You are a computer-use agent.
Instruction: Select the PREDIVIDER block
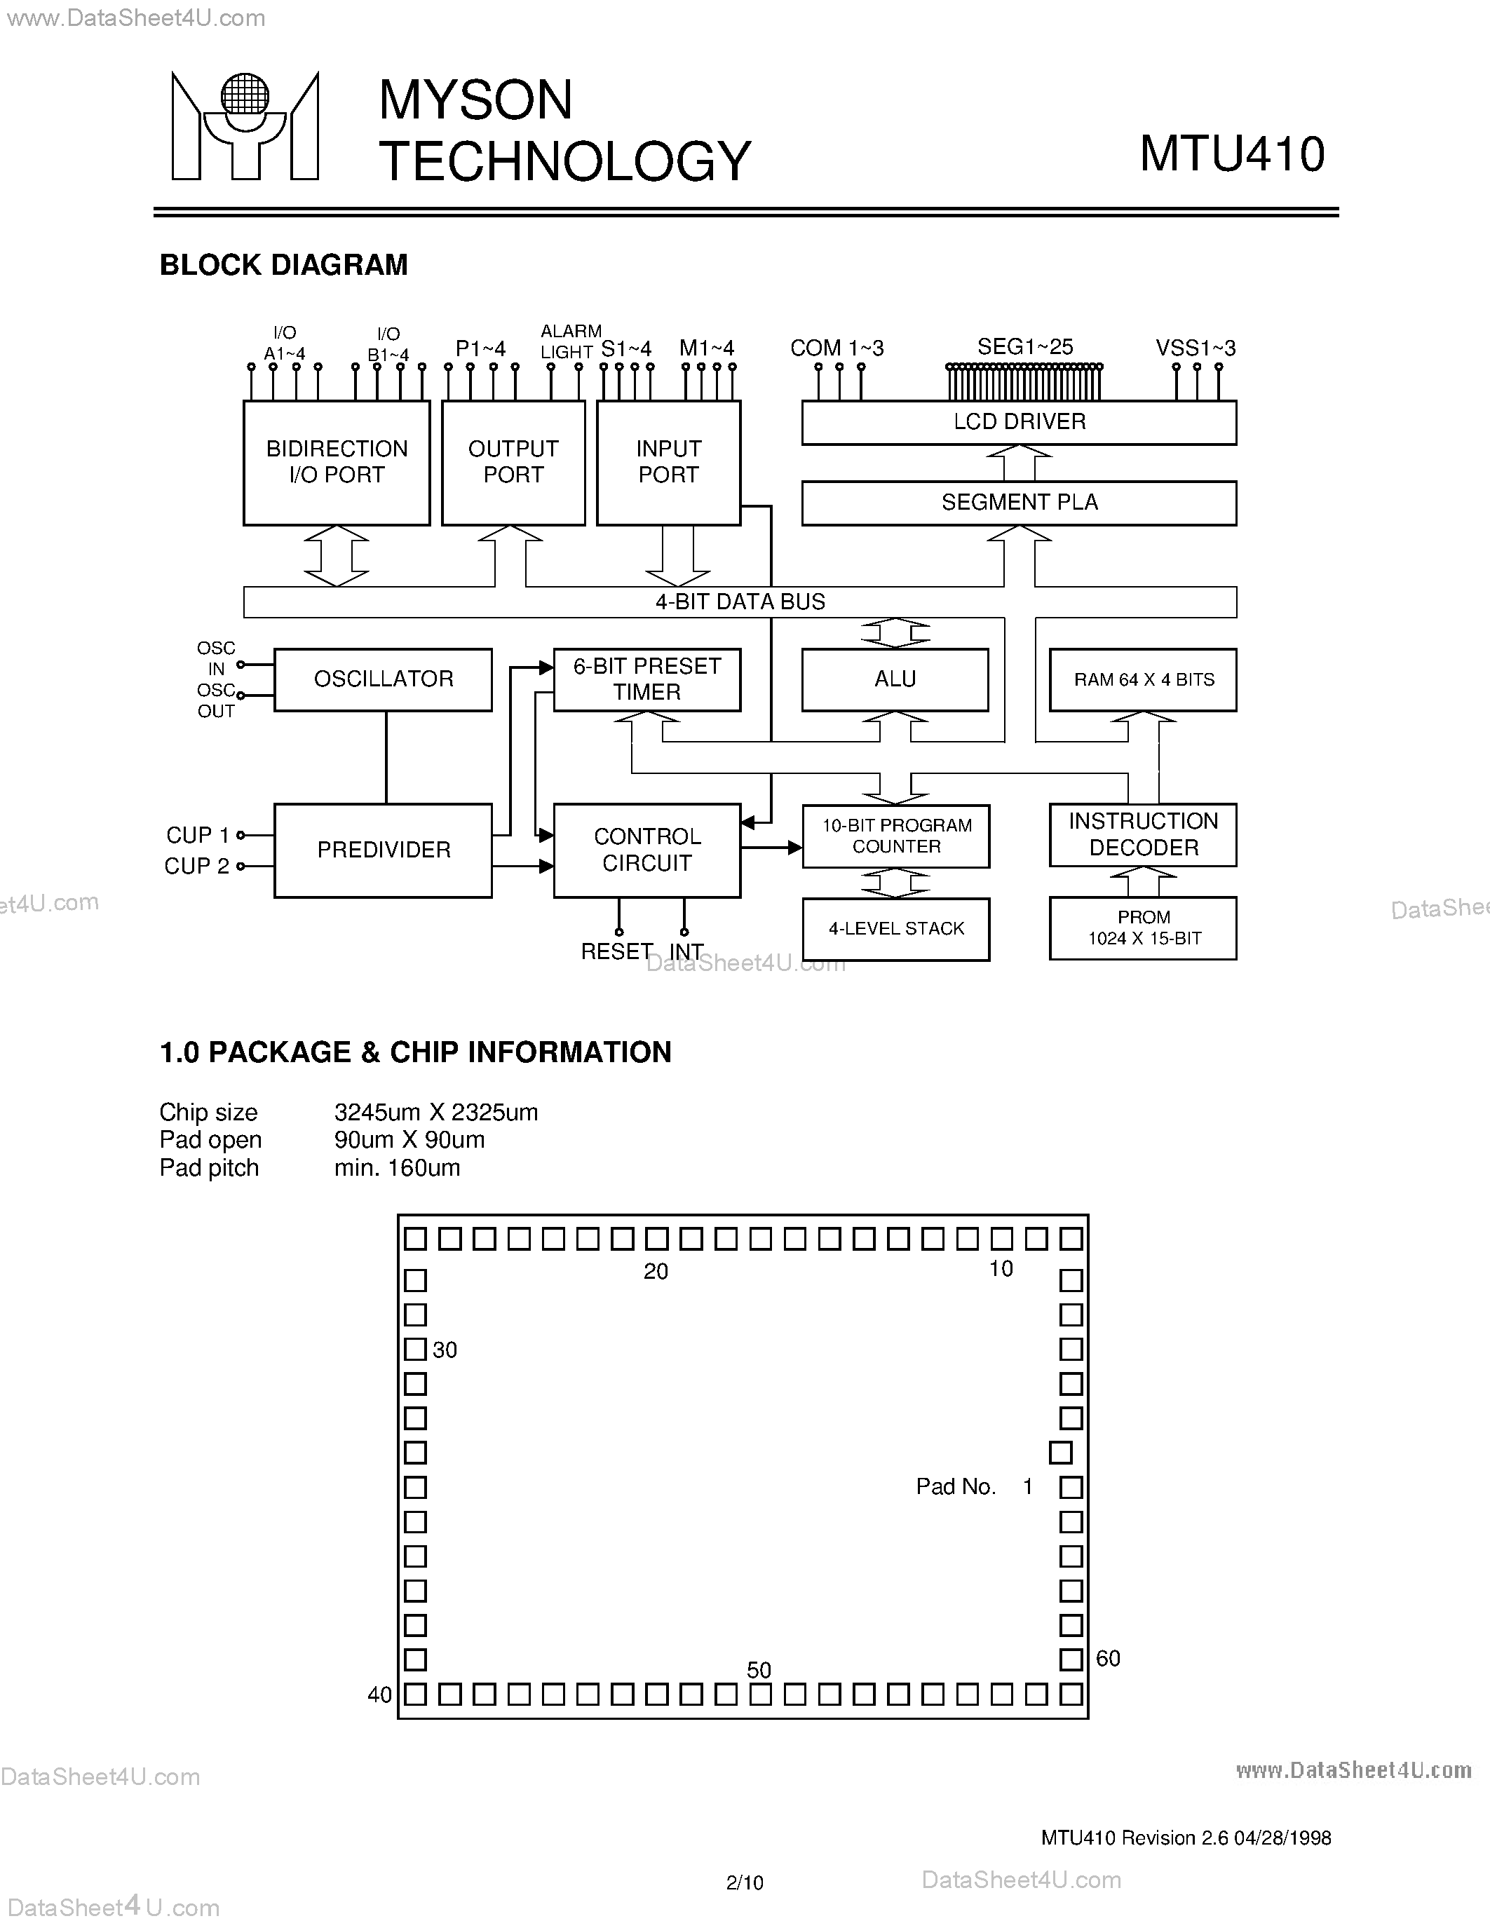pyautogui.click(x=383, y=850)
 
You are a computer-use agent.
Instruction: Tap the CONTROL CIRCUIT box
pyautogui.click(x=646, y=850)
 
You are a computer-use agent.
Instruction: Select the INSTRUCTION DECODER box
pyautogui.click(x=1143, y=834)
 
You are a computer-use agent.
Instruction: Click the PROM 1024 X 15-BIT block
pyautogui.click(x=1143, y=928)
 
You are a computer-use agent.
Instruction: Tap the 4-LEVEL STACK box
pyautogui.click(x=896, y=929)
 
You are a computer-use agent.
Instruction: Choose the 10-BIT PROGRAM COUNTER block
pyautogui.click(x=896, y=836)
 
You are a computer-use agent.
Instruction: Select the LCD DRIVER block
pyautogui.click(x=1019, y=422)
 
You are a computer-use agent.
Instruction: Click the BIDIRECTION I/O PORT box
pyautogui.click(x=337, y=463)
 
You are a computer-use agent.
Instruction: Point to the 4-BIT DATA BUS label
pyautogui.click(x=740, y=602)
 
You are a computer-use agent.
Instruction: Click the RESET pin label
pyautogui.click(x=616, y=951)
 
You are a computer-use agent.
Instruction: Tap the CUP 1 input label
pyautogui.click(x=197, y=835)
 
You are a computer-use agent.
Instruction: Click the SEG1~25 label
pyautogui.click(x=1025, y=347)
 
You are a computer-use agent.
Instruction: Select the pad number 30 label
pyautogui.click(x=445, y=1350)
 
